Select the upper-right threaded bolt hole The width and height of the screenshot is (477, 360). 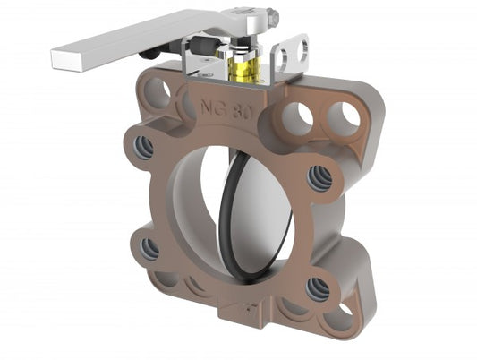click(320, 178)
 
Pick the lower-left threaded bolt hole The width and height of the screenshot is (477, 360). click(149, 248)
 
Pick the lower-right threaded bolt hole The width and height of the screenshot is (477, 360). click(318, 288)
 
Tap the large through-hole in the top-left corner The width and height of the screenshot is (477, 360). click(159, 91)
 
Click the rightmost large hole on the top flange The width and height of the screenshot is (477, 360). click(343, 117)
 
